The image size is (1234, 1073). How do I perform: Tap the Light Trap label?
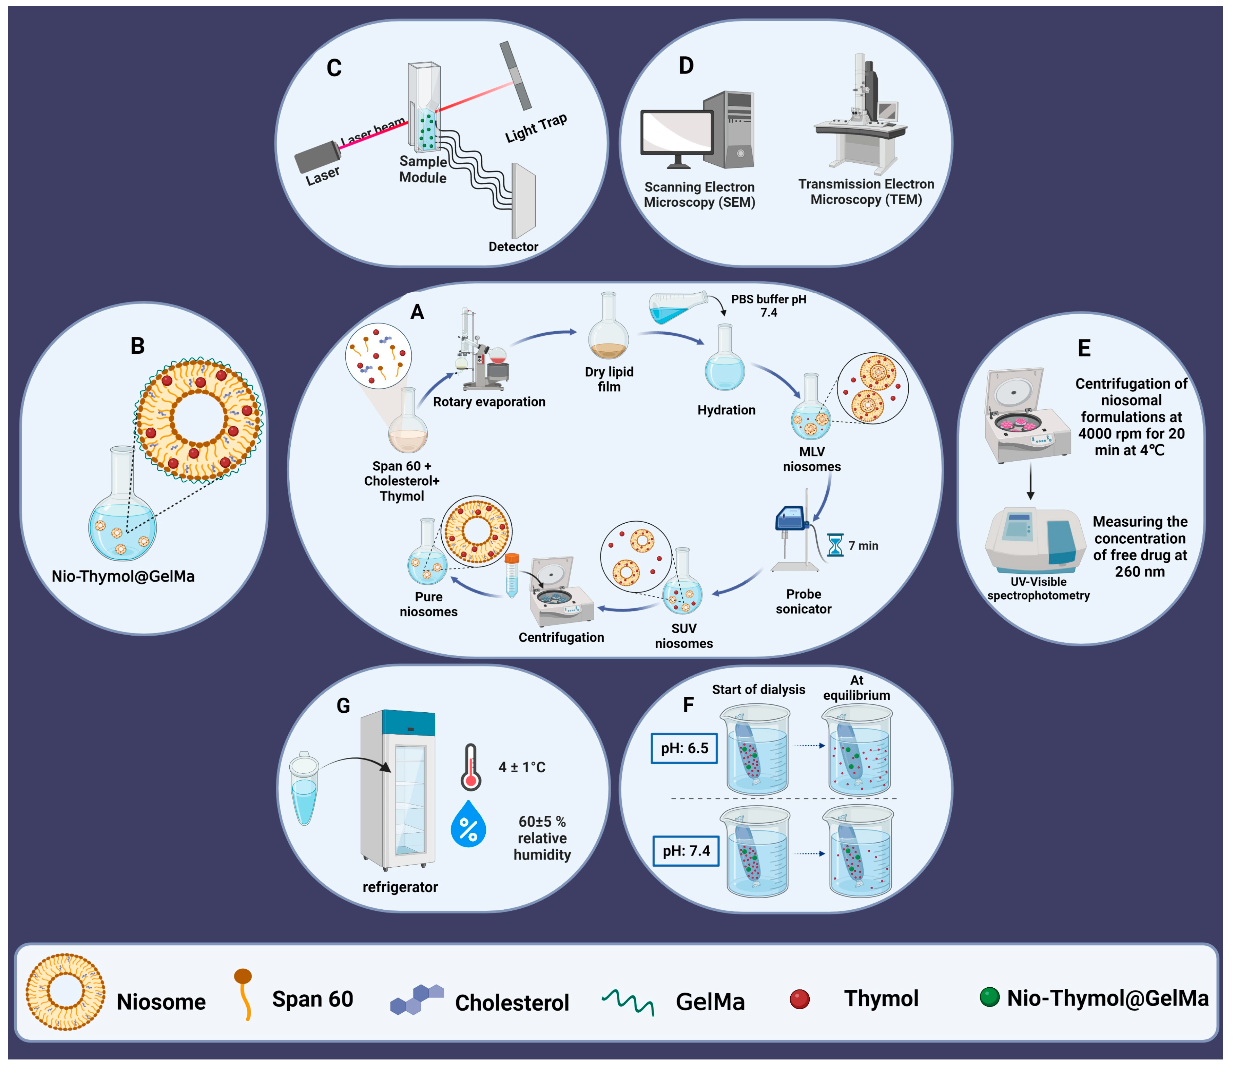(x=536, y=128)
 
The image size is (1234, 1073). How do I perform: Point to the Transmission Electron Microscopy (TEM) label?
(x=866, y=191)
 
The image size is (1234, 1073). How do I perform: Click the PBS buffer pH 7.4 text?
(x=768, y=306)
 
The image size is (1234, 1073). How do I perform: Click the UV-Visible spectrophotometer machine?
(x=1035, y=539)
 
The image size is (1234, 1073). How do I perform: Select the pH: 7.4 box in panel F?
(x=686, y=851)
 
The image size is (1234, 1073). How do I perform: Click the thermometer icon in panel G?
(x=471, y=767)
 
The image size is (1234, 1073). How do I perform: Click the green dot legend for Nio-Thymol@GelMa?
(x=990, y=997)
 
